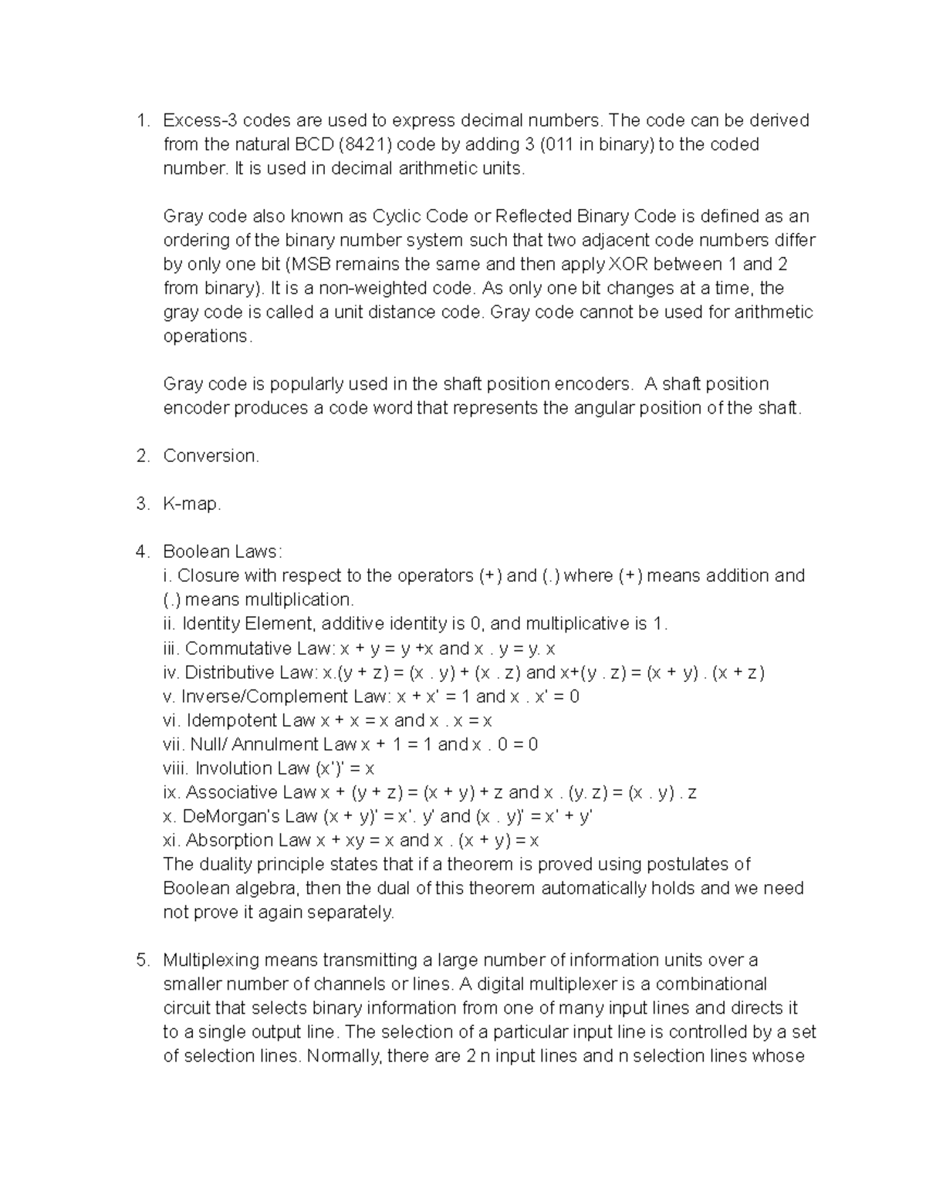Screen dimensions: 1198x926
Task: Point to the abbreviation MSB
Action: (313, 264)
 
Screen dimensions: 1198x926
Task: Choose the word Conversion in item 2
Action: (211, 456)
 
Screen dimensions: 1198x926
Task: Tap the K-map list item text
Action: (191, 504)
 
